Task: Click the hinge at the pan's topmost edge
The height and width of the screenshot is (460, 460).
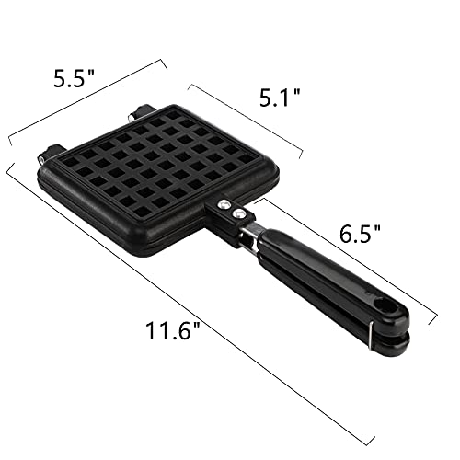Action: click(x=140, y=114)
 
